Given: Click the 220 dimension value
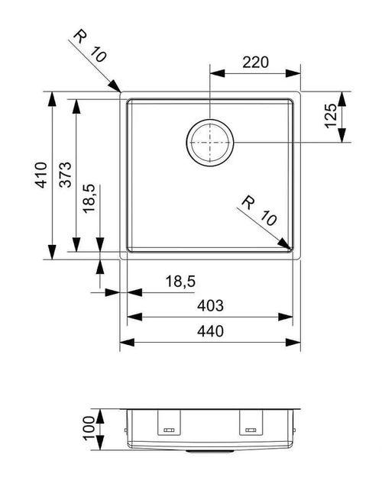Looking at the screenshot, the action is tap(255, 62).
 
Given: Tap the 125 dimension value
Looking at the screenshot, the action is tap(331, 116).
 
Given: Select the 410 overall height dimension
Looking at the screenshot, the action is tap(41, 175).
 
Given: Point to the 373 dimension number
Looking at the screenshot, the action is tap(65, 175).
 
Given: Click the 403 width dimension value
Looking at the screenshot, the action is tap(210, 305).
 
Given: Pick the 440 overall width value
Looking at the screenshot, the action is tap(210, 331).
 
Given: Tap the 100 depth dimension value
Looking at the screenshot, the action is tap(89, 428).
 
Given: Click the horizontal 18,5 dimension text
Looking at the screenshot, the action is tap(180, 282).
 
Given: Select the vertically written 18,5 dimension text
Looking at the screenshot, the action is tap(89, 198).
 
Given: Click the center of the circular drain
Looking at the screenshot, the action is tap(210, 143).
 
